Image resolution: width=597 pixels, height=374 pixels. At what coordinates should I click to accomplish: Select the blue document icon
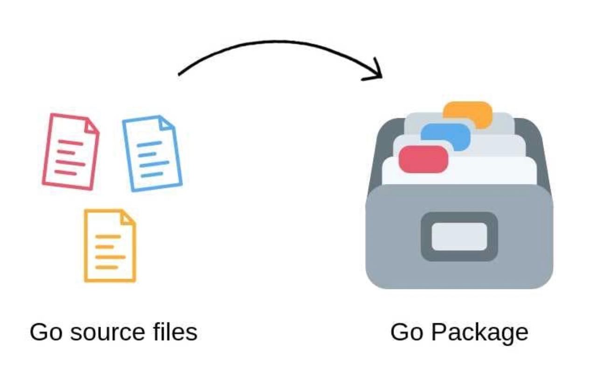point(152,154)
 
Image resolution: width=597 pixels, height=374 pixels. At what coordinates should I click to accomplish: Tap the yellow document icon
point(110,245)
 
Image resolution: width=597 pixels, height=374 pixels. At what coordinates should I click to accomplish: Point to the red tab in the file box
point(423,159)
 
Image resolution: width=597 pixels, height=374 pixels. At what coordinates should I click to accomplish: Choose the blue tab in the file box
point(445,136)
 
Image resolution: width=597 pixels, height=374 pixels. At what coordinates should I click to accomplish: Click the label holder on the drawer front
point(459,236)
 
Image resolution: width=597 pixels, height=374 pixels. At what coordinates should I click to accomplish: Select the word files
point(175,332)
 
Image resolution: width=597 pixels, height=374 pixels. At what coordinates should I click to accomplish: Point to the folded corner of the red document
point(91,125)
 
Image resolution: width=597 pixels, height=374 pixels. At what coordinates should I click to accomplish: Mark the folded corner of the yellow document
point(127,218)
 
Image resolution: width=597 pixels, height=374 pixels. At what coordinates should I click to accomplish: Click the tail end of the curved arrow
point(180,74)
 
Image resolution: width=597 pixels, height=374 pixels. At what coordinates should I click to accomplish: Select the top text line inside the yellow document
point(108,237)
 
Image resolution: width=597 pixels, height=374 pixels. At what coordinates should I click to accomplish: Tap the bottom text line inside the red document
point(65,172)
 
